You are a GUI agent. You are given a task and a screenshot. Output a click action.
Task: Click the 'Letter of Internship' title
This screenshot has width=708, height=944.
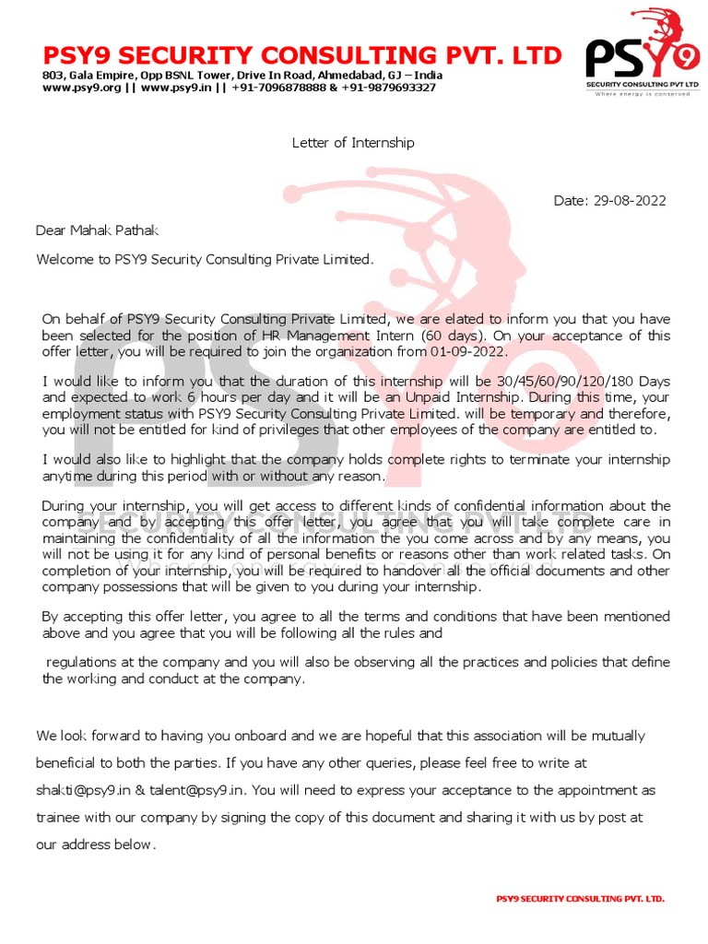(x=353, y=143)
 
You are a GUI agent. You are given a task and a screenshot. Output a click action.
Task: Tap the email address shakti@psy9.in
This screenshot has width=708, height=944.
(x=81, y=790)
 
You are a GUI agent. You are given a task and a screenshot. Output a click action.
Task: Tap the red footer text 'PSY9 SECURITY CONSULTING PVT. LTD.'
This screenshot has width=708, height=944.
(x=580, y=898)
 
